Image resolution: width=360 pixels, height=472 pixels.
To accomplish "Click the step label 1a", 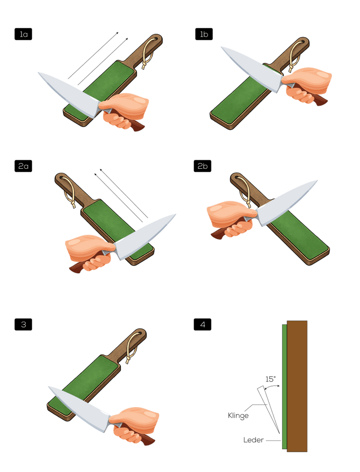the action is [23, 34].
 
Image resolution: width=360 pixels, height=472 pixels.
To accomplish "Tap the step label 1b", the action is [204, 34].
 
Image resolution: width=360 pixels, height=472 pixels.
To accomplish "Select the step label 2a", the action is [23, 166].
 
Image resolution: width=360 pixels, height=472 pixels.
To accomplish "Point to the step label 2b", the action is [202, 166].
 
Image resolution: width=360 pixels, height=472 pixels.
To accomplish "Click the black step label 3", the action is [23, 325].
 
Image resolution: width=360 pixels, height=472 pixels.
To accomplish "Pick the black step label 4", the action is [202, 325].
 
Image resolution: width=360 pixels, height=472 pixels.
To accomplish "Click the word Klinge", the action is [238, 416].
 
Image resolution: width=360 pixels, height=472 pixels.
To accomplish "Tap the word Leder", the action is [253, 440].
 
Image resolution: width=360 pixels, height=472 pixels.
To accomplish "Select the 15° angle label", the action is [270, 379].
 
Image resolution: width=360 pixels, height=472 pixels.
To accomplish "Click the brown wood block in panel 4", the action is [297, 386].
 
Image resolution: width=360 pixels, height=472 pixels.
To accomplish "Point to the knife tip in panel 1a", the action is [38, 72].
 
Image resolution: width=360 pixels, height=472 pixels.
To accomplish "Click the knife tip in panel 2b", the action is [317, 181].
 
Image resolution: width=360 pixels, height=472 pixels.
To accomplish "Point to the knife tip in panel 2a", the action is [175, 214].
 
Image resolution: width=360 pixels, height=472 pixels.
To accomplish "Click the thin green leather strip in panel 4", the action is [284, 387].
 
